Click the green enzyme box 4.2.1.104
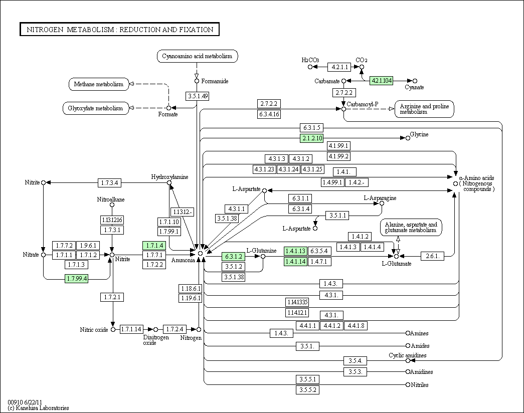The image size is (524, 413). (x=381, y=81)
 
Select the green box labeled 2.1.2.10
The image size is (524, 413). (x=312, y=138)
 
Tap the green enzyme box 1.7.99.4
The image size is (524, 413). (x=77, y=278)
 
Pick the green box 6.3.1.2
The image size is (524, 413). (x=233, y=256)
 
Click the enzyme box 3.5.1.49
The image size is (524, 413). (x=197, y=96)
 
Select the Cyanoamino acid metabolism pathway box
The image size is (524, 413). (x=197, y=56)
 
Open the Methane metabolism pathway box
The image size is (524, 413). (x=99, y=84)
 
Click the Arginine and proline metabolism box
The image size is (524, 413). (x=424, y=109)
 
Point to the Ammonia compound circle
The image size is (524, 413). (x=200, y=253)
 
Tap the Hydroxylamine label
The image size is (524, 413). (x=169, y=177)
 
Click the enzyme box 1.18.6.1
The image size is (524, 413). (x=191, y=288)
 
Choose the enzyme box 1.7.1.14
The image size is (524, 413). (x=131, y=329)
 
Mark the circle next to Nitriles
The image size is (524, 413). (x=408, y=384)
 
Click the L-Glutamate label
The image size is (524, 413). (x=397, y=263)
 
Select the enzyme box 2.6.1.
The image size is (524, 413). (x=432, y=256)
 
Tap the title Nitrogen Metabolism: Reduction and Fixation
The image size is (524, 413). (x=120, y=30)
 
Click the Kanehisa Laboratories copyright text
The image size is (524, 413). (x=38, y=407)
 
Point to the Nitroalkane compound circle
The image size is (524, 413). (x=112, y=205)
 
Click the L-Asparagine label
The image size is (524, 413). (x=380, y=198)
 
